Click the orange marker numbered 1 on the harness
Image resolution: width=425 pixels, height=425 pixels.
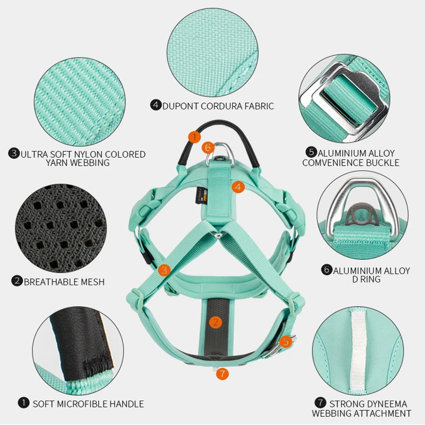tap(194, 137)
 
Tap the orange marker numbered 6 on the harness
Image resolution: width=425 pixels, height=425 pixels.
tap(208, 147)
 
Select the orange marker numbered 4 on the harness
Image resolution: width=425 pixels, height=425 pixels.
tap(238, 186)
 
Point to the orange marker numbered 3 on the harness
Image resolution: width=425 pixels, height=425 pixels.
tap(165, 270)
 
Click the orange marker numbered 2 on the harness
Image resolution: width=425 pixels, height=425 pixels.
tap(215, 322)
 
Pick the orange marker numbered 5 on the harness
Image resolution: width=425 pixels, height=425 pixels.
tap(286, 342)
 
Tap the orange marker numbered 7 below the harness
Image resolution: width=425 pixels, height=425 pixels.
tap(222, 374)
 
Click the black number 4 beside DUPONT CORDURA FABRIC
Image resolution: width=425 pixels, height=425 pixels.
tap(156, 105)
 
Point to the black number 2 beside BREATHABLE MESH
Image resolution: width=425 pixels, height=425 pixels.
tap(17, 282)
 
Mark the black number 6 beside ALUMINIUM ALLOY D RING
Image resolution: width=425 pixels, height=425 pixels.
tap(327, 270)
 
